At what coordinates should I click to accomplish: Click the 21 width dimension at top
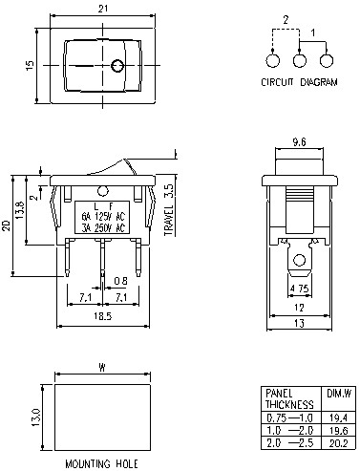[x=101, y=9]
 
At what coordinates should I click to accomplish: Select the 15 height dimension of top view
[x=30, y=65]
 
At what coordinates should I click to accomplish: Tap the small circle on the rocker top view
[x=117, y=67]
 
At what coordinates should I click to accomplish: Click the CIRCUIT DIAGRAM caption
[x=299, y=83]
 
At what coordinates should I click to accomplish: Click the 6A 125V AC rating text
[x=100, y=217]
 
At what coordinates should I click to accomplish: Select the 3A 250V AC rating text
[x=100, y=229]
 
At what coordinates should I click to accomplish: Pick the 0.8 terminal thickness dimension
[x=119, y=281]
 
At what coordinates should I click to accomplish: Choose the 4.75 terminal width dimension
[x=298, y=287]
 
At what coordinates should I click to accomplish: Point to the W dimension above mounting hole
[x=101, y=367]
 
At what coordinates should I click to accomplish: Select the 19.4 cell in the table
[x=338, y=417]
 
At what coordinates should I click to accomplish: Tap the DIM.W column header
[x=338, y=393]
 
